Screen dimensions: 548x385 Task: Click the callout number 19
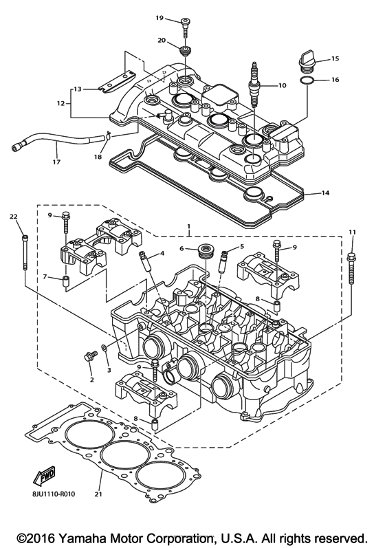click(159, 17)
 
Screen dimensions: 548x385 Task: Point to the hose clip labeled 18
click(109, 136)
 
